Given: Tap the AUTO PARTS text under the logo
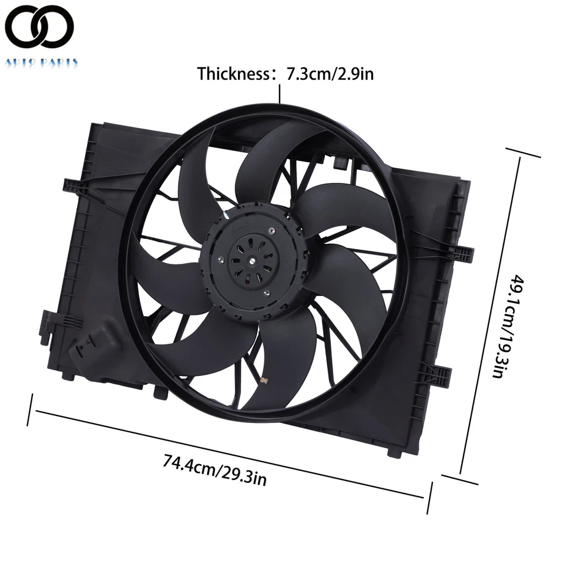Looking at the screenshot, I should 41,62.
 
